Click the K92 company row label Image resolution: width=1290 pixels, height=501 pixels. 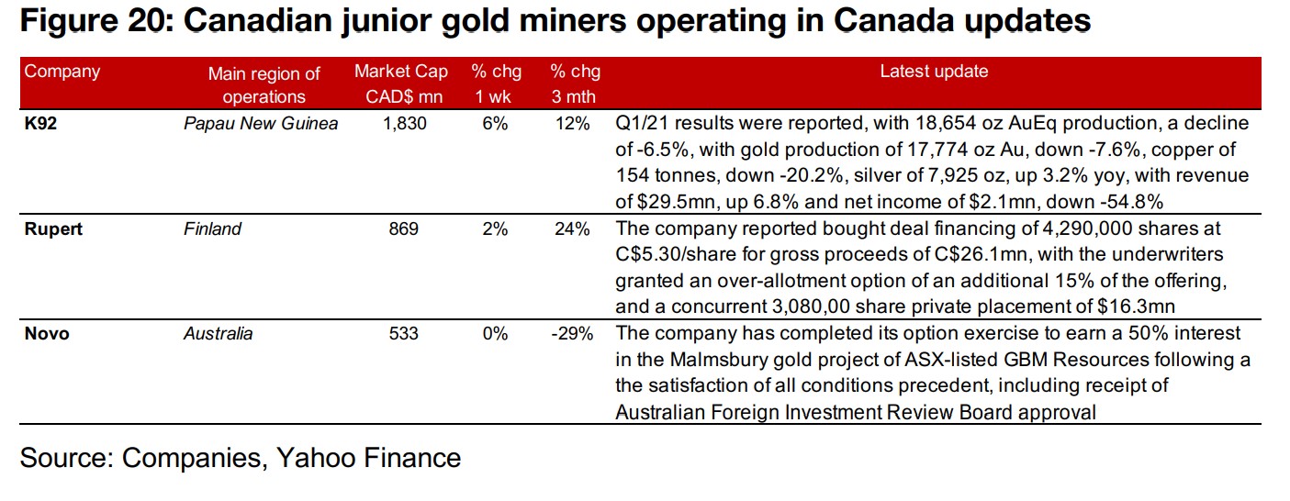click(40, 123)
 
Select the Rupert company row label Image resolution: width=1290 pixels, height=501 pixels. click(53, 228)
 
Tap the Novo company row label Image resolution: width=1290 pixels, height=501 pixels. click(47, 333)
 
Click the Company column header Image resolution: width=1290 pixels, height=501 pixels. click(62, 72)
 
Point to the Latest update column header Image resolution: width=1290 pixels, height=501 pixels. click(934, 72)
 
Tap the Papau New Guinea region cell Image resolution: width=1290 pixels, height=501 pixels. click(261, 123)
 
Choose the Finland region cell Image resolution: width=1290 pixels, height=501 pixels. click(212, 228)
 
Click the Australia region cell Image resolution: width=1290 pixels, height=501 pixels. click(219, 333)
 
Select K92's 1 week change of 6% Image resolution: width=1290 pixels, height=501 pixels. click(495, 123)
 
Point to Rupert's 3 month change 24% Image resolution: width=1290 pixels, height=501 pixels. click(571, 228)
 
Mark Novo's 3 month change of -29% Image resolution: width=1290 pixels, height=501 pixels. click(570, 333)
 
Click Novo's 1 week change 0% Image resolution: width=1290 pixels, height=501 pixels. click(495, 333)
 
